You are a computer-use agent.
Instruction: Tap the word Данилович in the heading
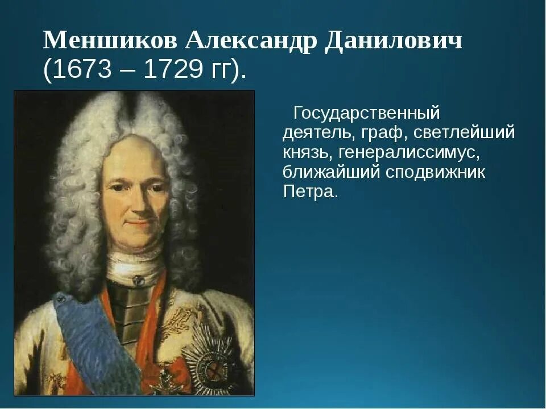click(x=392, y=41)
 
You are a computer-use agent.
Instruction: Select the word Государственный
click(x=367, y=113)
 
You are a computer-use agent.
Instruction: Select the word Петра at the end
click(x=311, y=192)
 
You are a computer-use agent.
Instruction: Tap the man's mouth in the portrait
click(x=137, y=223)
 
